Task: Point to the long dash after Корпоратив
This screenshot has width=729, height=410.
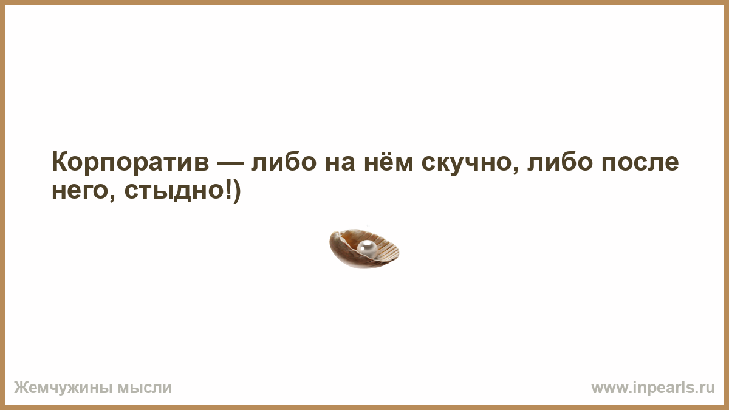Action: pyautogui.click(x=230, y=163)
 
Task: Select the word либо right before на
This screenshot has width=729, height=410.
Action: pyautogui.click(x=284, y=162)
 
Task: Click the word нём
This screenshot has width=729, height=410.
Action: pyautogui.click(x=389, y=162)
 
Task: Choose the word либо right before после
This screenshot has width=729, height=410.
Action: pyautogui.click(x=560, y=162)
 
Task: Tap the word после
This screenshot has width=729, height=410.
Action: pyautogui.click(x=640, y=163)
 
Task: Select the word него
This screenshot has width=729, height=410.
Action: pyautogui.click(x=80, y=191)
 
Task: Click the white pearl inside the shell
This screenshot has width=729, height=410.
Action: pyautogui.click(x=367, y=249)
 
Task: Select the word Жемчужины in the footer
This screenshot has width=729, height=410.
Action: pyautogui.click(x=63, y=388)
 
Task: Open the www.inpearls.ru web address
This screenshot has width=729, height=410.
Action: pyautogui.click(x=653, y=388)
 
